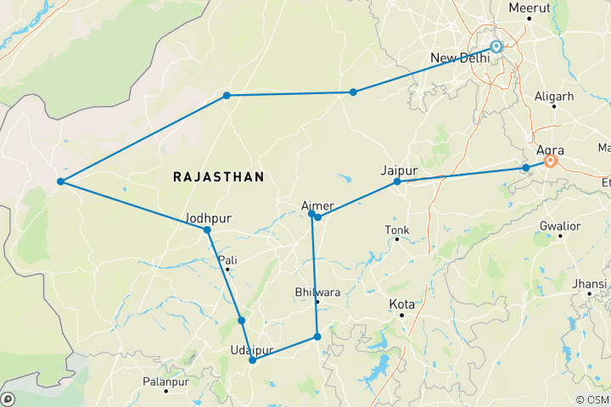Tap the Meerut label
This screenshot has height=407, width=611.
coord(529,8)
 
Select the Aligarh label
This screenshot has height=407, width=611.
coord(554,97)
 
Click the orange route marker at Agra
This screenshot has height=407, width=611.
coord(550,160)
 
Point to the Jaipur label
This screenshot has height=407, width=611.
coord(400,170)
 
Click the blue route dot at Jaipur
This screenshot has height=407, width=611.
coord(397,181)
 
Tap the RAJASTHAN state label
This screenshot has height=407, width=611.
coord(218,176)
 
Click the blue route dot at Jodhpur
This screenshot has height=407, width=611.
coord(207,230)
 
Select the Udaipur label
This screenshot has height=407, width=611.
coord(251,349)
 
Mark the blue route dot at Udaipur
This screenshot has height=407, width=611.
coord(252,360)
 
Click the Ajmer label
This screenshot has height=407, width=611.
coord(318,205)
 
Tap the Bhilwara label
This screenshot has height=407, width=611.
coord(316,292)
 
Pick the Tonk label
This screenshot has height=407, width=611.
coord(396,230)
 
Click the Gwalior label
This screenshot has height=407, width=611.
coord(561,226)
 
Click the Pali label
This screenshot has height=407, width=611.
coord(227,259)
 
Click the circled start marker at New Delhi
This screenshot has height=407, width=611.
coord(496,47)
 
